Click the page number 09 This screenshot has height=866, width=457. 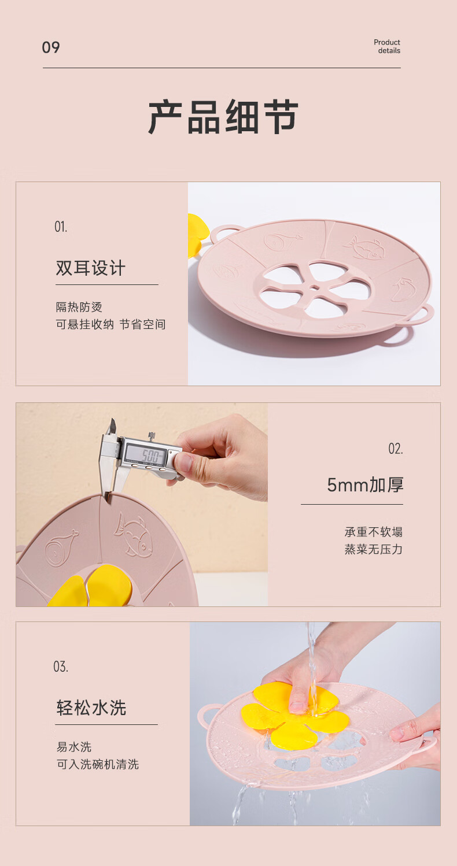51,47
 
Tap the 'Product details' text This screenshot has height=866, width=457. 387,46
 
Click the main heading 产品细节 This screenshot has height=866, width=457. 223,116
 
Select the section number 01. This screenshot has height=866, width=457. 61,227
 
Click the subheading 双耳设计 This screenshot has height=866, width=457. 91,268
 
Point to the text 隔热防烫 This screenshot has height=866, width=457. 79,307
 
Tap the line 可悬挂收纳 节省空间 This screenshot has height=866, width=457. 110,324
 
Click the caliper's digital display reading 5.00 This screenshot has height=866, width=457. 148,454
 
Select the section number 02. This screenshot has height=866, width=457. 396,449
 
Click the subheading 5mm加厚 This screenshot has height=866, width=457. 365,485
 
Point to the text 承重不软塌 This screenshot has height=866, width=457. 374,532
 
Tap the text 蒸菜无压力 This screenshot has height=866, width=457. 374,549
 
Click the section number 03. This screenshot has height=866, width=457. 61,667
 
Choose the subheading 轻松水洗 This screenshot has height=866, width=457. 91,708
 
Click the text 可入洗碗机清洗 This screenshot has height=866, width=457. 98,764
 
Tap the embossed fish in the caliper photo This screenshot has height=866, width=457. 132,533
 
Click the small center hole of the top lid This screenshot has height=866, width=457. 315,288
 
